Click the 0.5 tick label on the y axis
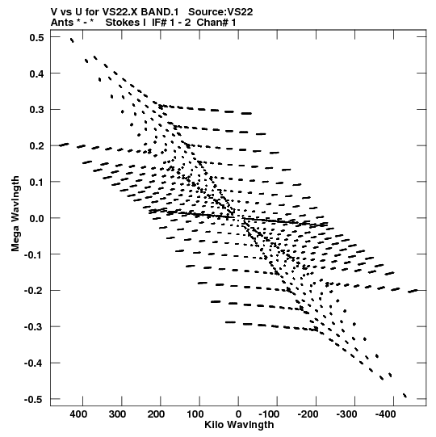click(x=37, y=37)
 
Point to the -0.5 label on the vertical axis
click(x=34, y=400)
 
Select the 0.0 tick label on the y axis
click(x=37, y=218)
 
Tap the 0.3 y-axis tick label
click(x=37, y=110)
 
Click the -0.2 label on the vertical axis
click(x=34, y=291)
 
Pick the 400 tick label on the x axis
click(x=78, y=414)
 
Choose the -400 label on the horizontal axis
click(x=385, y=414)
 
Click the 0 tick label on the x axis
click(x=238, y=414)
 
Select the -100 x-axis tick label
click(x=269, y=414)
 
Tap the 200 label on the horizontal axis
click(x=156, y=414)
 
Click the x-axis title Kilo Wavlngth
click(x=239, y=425)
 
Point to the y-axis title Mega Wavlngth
click(x=15, y=214)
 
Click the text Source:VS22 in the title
click(x=220, y=12)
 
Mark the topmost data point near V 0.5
click(x=72, y=40)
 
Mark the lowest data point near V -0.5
click(x=405, y=396)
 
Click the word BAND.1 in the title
click(x=160, y=12)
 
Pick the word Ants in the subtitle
click(x=61, y=23)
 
